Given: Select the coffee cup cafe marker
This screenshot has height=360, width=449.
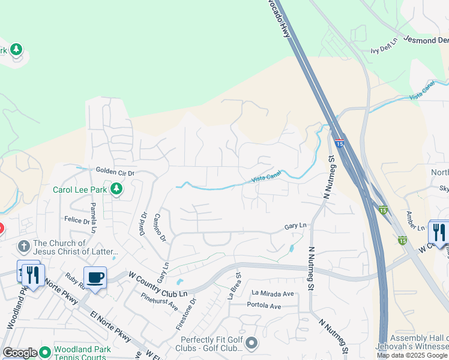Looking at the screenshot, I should (95, 278).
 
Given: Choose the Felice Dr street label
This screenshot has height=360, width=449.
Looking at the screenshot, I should (77, 221).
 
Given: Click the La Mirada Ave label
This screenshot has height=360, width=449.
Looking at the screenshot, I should (273, 293).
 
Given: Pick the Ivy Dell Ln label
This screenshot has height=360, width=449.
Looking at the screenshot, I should (384, 46).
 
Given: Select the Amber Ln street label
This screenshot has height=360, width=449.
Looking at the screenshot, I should (415, 220).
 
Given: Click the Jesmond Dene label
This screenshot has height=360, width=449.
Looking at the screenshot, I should (426, 40).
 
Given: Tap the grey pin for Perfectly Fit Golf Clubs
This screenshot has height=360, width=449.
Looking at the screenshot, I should (251, 343).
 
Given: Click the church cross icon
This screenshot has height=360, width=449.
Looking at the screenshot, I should (23, 245).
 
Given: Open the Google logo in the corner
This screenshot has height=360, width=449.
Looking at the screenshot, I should (20, 353).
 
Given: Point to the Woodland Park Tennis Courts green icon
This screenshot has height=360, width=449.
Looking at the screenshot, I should (44, 353).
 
